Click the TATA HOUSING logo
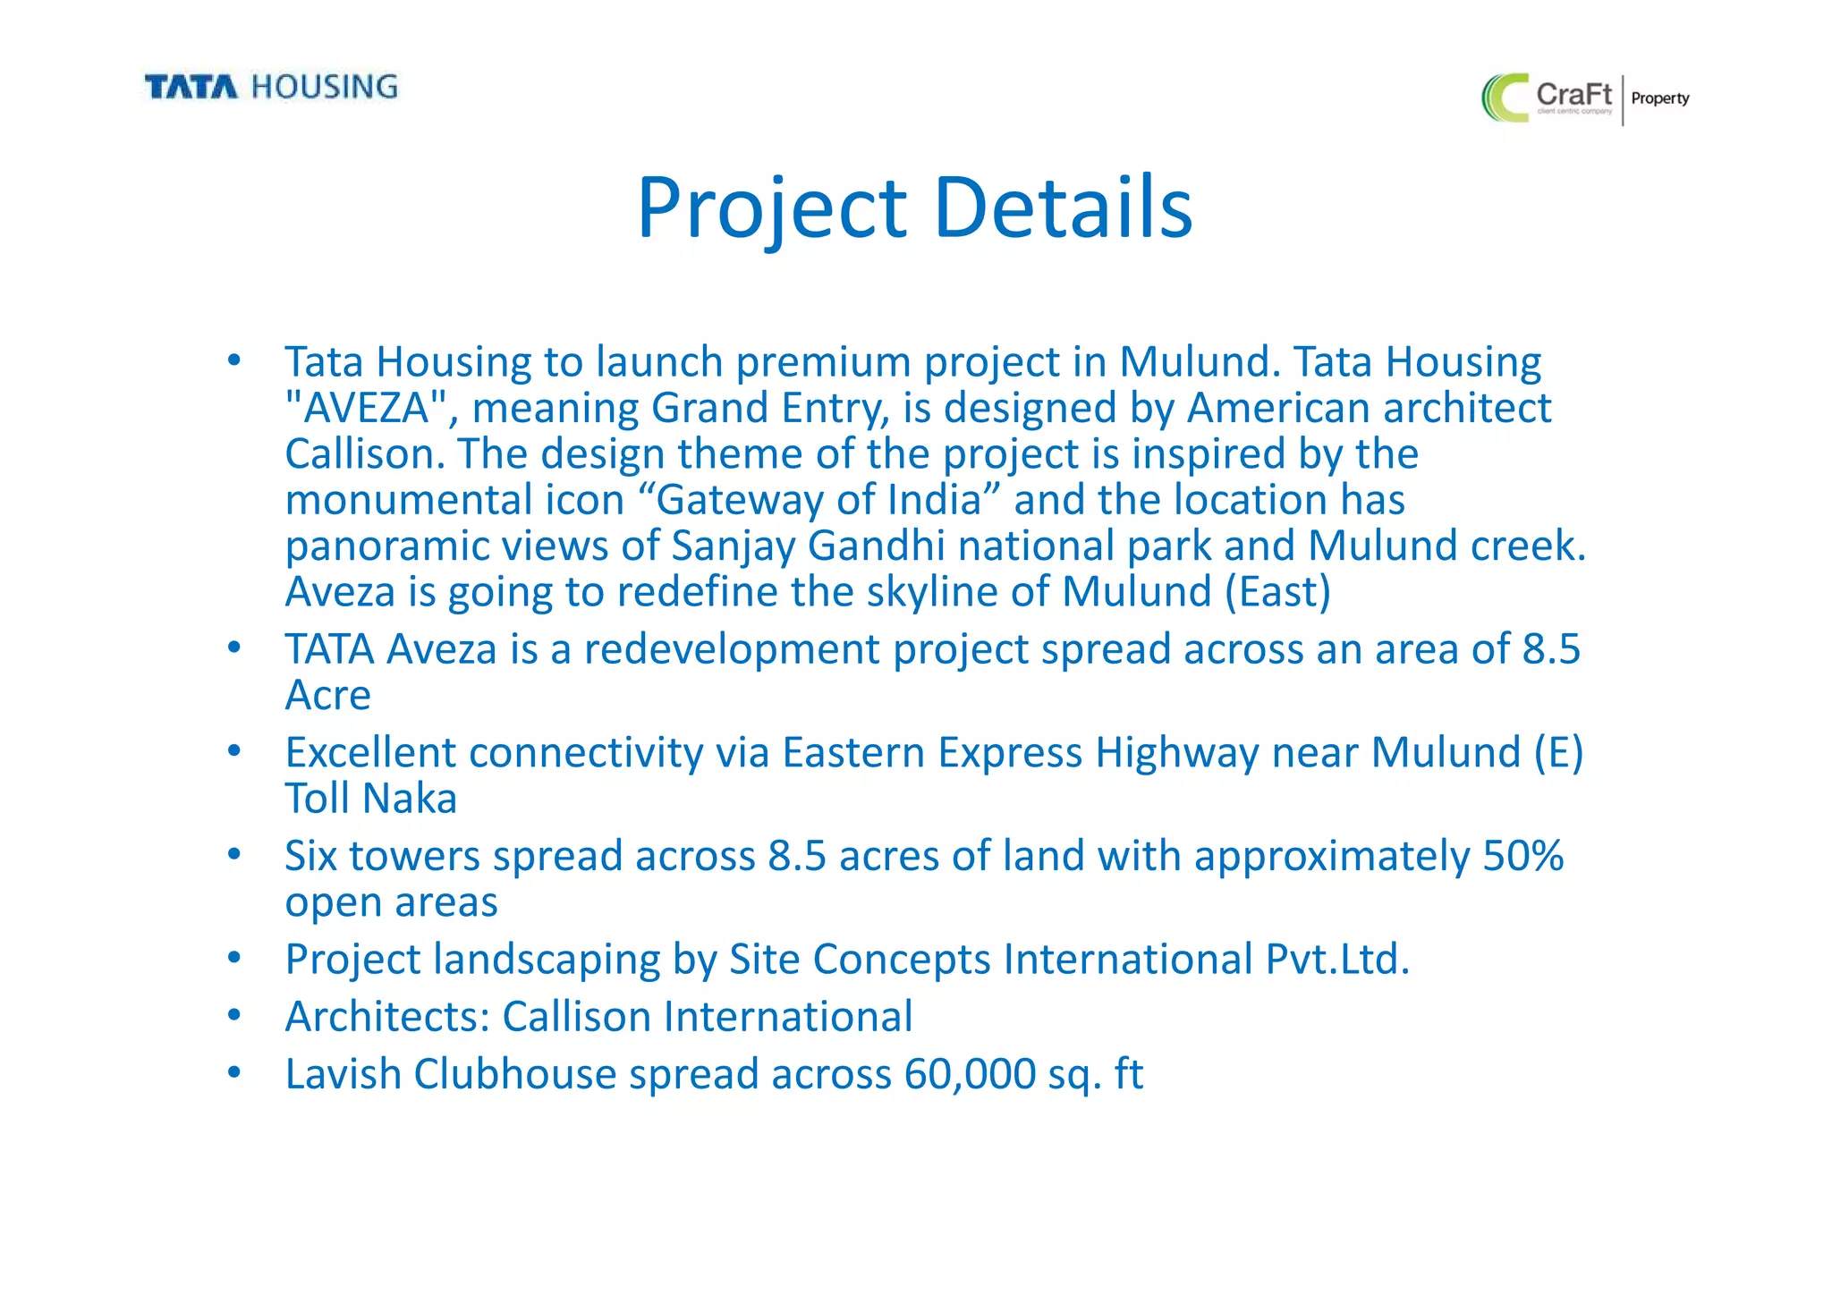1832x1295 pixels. (271, 87)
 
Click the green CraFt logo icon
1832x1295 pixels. (1505, 97)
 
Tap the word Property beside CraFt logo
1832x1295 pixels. (1659, 98)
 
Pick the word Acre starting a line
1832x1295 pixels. (327, 696)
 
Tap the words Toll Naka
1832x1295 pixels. (370, 799)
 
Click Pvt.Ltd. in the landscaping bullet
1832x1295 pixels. (1336, 960)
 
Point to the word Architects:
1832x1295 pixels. (387, 1017)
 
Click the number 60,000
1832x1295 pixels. (970, 1074)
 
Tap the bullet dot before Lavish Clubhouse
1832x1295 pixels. (234, 1071)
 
